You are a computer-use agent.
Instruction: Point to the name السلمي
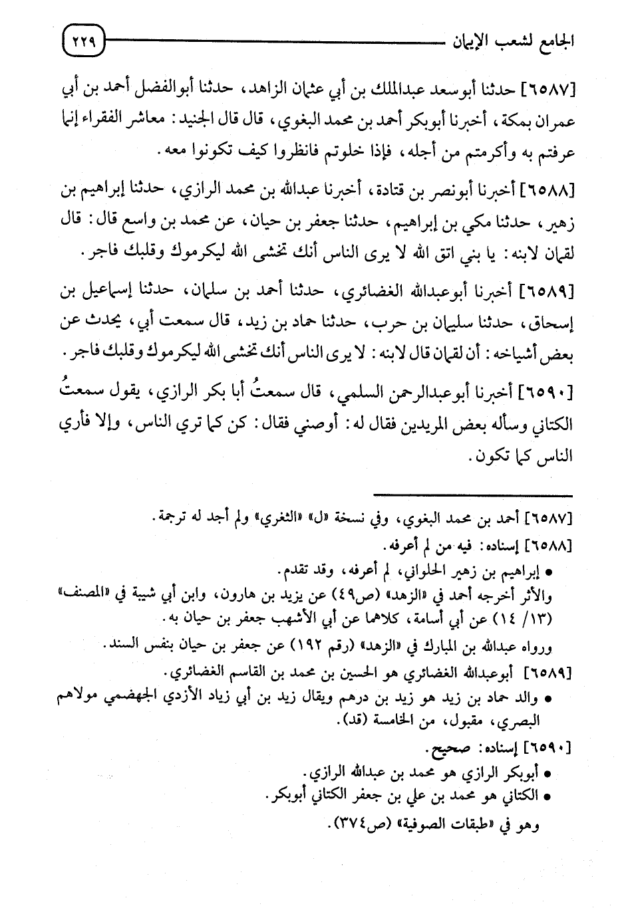click(344, 394)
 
